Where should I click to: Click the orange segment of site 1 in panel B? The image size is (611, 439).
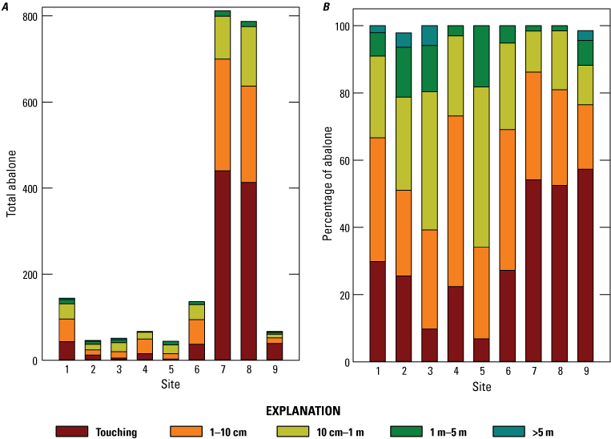(x=378, y=199)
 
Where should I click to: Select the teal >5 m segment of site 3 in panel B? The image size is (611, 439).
(x=430, y=34)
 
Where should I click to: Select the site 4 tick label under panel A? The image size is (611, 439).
(x=144, y=370)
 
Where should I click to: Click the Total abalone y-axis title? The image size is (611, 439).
(x=11, y=188)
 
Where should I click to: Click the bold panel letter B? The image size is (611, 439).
(x=327, y=6)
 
